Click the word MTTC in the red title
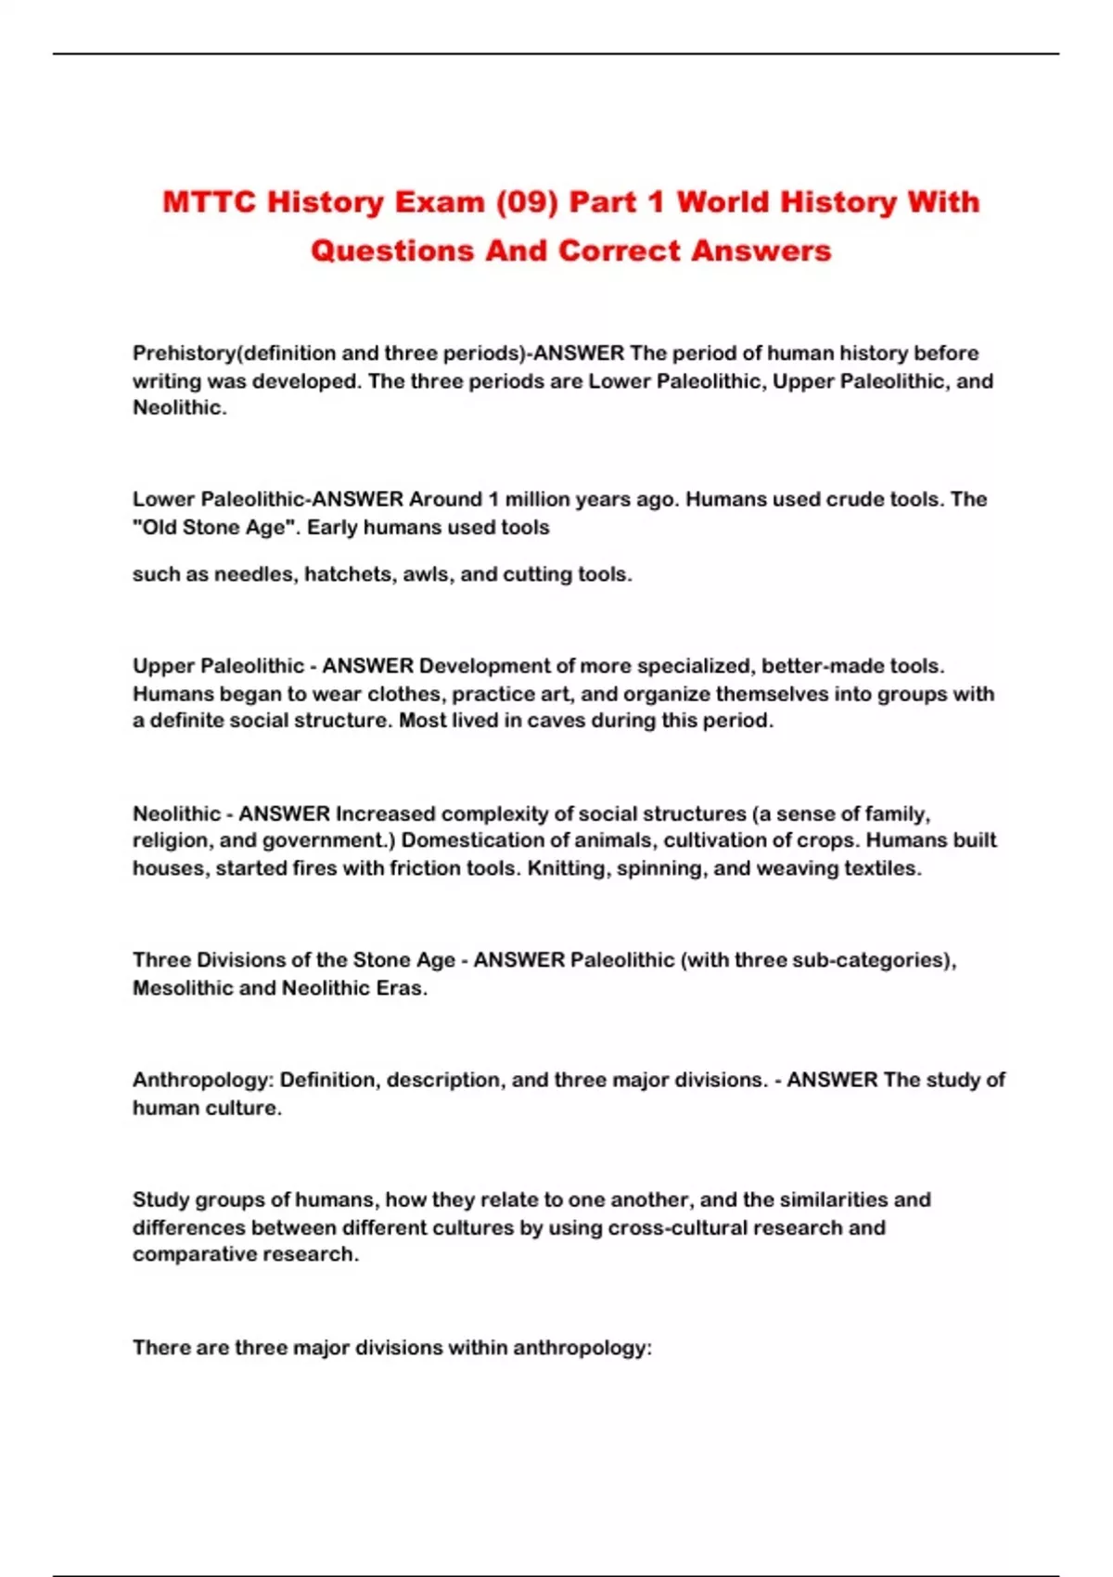[x=209, y=201]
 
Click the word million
[x=537, y=499]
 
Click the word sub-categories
[x=873, y=960]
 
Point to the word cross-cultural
[x=677, y=1227]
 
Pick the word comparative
[x=189, y=1254]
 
